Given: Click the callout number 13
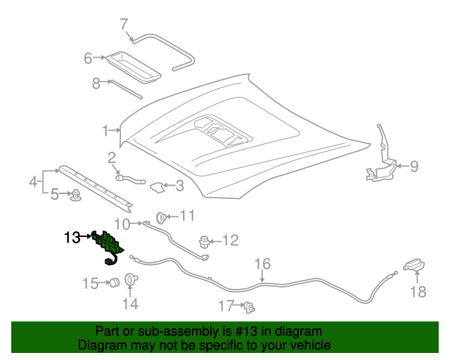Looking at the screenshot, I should (72, 237).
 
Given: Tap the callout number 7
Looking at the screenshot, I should (124, 25).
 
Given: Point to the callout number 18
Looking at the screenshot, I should (418, 292).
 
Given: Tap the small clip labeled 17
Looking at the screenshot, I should (250, 307).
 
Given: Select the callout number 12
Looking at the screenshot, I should (231, 240).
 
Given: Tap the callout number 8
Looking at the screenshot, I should (97, 83).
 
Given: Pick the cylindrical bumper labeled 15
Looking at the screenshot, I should (111, 283).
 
